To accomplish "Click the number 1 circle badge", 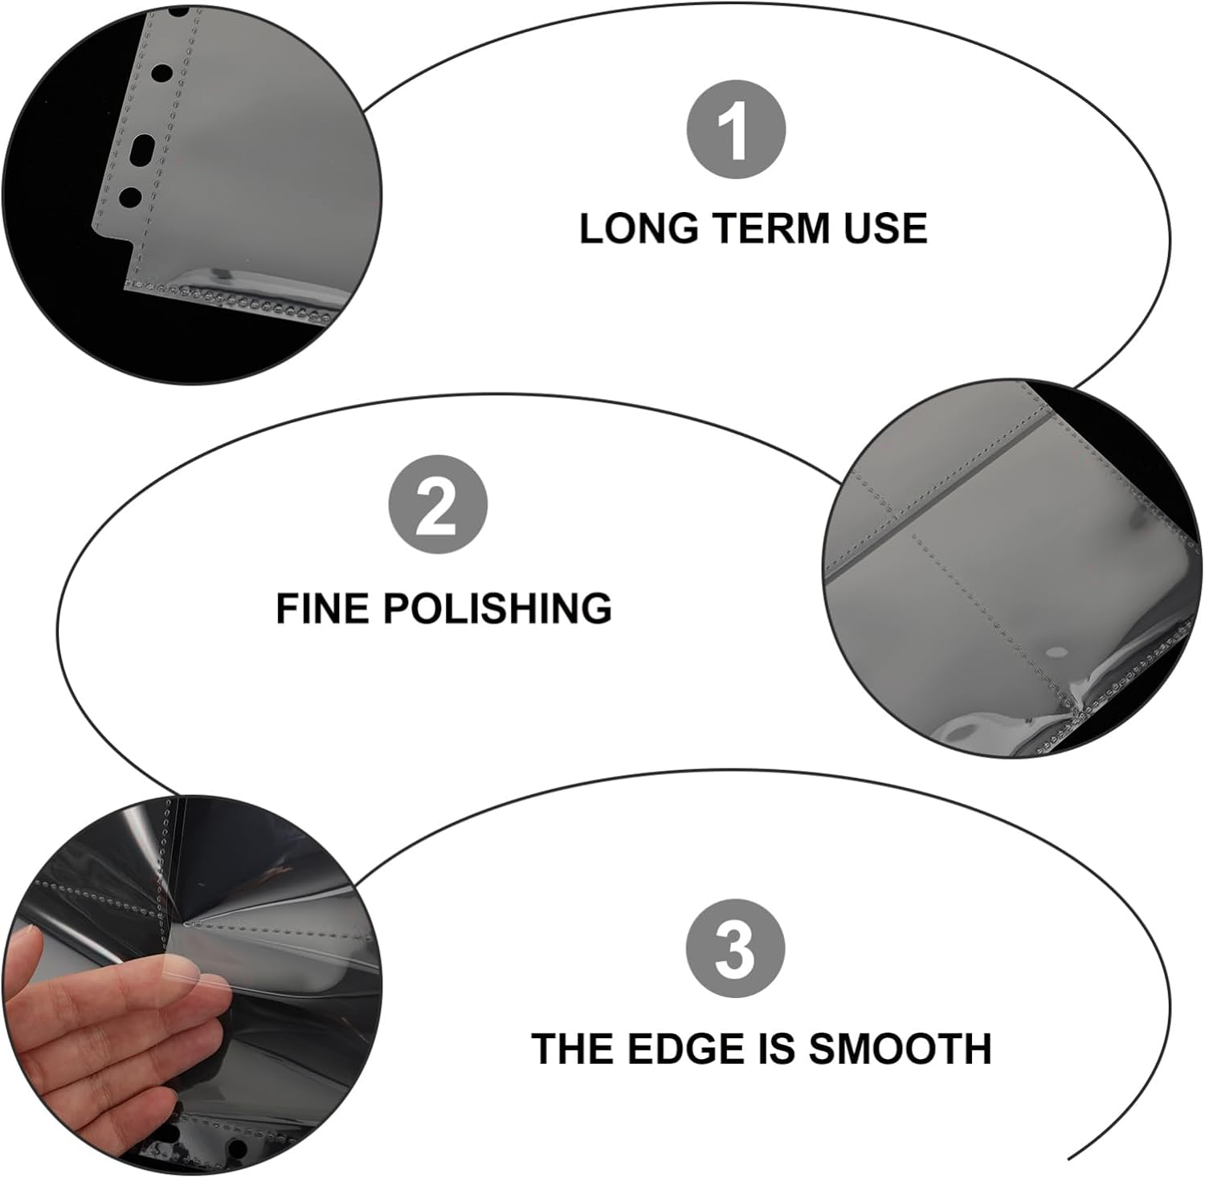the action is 735,130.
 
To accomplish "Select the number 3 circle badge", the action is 735,948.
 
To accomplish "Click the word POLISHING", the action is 497,608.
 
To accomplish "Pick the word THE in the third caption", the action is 573,1049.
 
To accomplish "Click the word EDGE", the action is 685,1049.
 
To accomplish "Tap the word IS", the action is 777,1049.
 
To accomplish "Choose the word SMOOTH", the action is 901,1049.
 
